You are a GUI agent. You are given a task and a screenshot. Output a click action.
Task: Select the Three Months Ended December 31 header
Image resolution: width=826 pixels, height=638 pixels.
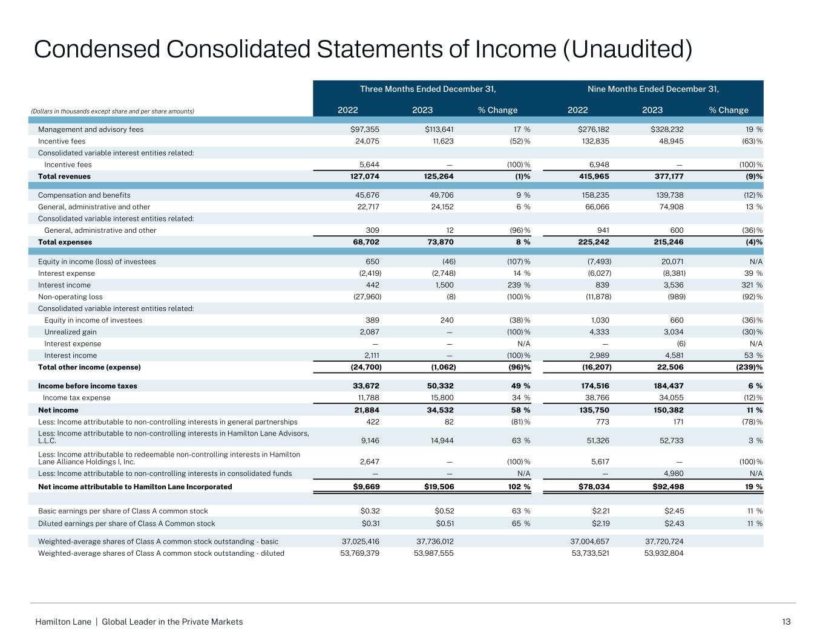click(428, 90)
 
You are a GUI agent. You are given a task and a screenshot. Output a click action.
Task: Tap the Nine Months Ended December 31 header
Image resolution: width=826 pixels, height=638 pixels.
click(653, 90)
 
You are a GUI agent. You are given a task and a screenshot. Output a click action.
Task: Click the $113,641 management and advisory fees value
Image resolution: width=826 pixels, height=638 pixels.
click(439, 129)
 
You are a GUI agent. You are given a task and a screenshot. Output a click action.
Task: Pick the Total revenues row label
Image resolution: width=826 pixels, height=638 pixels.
click(64, 177)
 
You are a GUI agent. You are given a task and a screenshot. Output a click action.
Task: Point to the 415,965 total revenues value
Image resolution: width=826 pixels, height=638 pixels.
click(591, 177)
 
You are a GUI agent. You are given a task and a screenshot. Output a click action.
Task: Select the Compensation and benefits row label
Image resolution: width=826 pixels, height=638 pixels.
click(84, 195)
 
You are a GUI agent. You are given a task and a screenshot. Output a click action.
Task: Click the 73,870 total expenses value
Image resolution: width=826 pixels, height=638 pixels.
click(439, 243)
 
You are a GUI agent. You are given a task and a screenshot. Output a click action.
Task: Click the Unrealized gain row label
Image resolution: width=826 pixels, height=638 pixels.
click(70, 332)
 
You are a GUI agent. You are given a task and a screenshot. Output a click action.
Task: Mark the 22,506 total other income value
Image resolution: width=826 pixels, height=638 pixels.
click(669, 368)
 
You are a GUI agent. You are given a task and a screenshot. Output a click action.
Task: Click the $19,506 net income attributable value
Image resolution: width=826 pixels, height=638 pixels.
click(439, 487)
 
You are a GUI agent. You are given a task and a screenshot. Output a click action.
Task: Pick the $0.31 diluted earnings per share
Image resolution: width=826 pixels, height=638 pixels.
click(370, 524)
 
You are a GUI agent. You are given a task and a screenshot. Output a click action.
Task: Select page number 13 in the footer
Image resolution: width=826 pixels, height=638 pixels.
click(787, 622)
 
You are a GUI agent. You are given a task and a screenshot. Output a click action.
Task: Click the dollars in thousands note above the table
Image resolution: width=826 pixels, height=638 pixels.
click(113, 111)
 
